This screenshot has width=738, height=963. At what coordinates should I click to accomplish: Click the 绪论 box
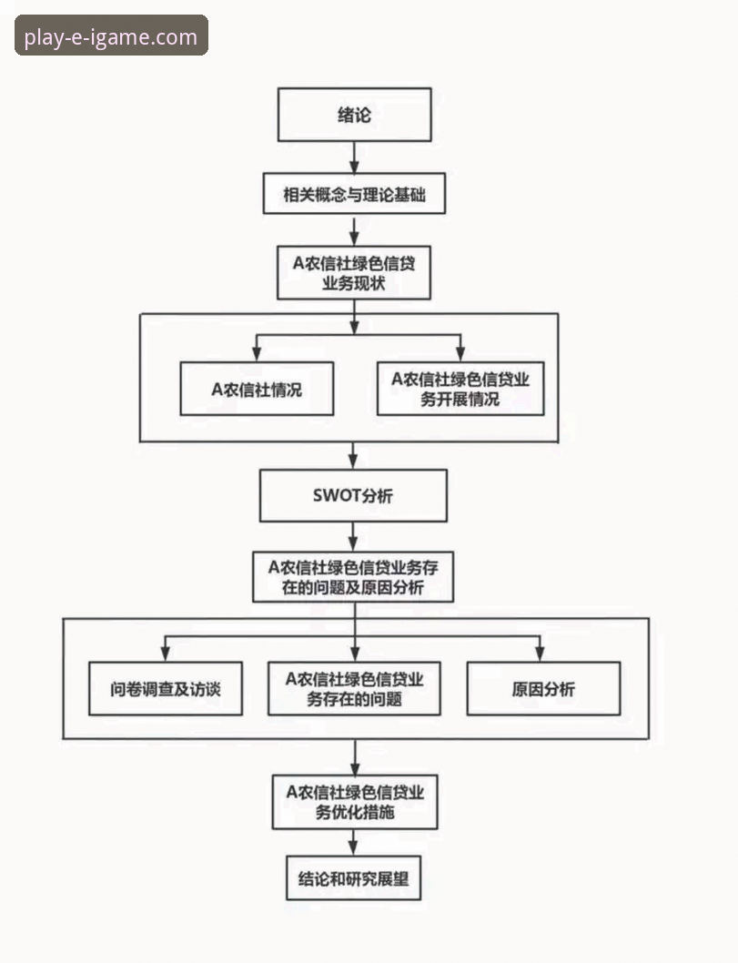pyautogui.click(x=354, y=115)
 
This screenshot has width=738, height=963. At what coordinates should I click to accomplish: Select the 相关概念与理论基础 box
pyautogui.click(x=354, y=194)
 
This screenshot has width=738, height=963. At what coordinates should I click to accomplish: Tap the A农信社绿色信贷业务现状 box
pyautogui.click(x=354, y=273)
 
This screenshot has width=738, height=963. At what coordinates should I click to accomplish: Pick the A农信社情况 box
pyautogui.click(x=257, y=389)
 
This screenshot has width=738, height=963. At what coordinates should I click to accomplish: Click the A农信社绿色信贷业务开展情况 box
pyautogui.click(x=460, y=389)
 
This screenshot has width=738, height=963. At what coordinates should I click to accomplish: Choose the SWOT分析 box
pyautogui.click(x=353, y=496)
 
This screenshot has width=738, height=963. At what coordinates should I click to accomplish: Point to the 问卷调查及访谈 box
pyautogui.click(x=165, y=688)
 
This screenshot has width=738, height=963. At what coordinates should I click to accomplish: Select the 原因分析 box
pyautogui.click(x=543, y=688)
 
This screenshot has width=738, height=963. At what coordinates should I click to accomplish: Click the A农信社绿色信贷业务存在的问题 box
pyautogui.click(x=355, y=688)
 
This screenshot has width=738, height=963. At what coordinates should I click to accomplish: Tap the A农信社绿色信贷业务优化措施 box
pyautogui.click(x=355, y=802)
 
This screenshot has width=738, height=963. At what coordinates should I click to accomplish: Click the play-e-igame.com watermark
pyautogui.click(x=111, y=36)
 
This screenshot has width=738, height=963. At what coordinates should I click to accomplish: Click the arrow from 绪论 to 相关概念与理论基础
pyautogui.click(x=354, y=157)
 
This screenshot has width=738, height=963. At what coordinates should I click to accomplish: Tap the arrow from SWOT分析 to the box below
pyautogui.click(x=354, y=535)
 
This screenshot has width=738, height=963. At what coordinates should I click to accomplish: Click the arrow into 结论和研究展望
pyautogui.click(x=354, y=843)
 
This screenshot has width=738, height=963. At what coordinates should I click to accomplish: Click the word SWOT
pyautogui.click(x=337, y=496)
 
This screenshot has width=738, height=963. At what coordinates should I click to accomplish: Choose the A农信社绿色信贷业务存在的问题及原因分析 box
pyautogui.click(x=353, y=576)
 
